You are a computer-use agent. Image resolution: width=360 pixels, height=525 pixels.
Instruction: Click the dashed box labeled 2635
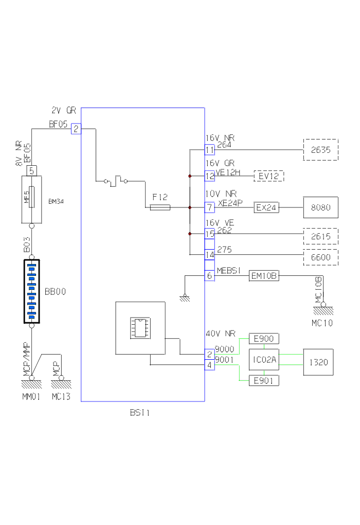[x=320, y=150]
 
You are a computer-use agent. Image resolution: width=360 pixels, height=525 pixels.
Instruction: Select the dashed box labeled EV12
[x=268, y=176]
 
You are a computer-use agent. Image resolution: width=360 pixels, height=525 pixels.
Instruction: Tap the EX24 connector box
[x=266, y=208]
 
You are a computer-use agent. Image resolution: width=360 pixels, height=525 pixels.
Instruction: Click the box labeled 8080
[x=320, y=207]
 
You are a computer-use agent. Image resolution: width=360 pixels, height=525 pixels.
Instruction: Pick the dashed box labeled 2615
[x=320, y=236]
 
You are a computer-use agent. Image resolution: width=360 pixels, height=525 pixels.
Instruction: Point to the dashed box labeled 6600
[x=320, y=257]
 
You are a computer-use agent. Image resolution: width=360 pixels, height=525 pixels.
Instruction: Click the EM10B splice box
[x=264, y=276]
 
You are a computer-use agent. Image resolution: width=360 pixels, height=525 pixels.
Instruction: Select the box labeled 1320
[x=319, y=362]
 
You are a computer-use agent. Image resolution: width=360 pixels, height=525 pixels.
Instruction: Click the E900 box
[x=264, y=339]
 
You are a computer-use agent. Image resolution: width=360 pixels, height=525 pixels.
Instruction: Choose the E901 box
[x=264, y=381]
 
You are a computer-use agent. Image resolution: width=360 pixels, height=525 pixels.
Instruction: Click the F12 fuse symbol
[x=159, y=207]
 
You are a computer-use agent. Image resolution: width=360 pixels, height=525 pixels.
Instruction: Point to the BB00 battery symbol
[x=31, y=291]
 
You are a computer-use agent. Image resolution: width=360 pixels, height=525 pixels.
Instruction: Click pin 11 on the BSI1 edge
[x=209, y=150]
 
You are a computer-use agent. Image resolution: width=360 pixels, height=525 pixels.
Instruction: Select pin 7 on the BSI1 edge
[x=209, y=207]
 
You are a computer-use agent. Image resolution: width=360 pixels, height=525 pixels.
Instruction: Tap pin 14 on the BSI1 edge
[x=209, y=255]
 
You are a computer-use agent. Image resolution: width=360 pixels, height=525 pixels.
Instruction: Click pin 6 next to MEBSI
[x=209, y=276]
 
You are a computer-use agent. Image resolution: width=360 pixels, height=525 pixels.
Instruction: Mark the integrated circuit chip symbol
[x=140, y=327]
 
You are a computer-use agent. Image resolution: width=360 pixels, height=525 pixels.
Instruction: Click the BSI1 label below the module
[x=140, y=412]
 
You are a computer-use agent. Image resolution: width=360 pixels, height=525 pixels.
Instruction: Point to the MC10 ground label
[x=322, y=323]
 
